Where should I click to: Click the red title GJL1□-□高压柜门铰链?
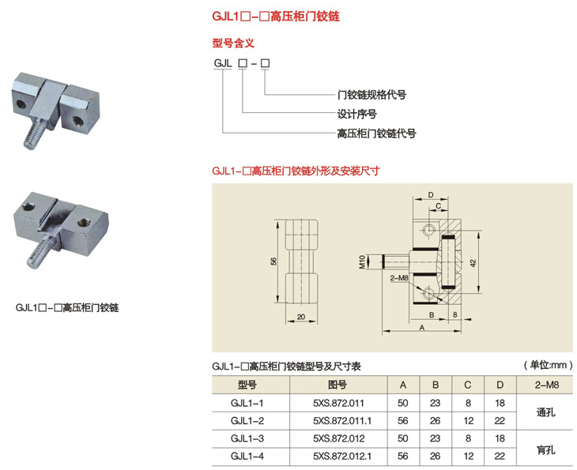point(265,15)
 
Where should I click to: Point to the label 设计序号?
point(356,114)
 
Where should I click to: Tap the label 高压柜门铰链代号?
point(376,133)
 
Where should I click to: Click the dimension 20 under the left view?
point(301,317)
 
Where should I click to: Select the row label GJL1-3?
point(247,438)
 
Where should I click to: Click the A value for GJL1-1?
point(403,403)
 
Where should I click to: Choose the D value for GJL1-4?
point(499,456)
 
